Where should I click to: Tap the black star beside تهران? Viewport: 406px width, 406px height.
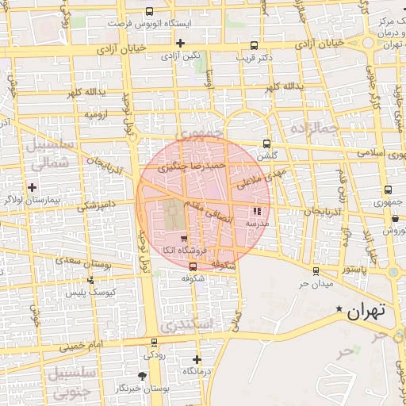340,308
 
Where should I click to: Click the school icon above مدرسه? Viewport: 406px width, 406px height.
256,212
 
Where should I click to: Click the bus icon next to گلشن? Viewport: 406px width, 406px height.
266,144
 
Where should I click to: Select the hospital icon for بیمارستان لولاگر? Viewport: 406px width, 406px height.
32,187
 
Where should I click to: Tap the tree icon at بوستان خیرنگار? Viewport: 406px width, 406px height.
143,376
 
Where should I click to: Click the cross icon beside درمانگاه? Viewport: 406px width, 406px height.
197,359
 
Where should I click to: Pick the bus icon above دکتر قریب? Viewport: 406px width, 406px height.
255,46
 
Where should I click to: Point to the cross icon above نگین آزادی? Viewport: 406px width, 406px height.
181,43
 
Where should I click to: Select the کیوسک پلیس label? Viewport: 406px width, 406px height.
90,293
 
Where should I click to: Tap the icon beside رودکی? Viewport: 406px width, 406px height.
154,342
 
